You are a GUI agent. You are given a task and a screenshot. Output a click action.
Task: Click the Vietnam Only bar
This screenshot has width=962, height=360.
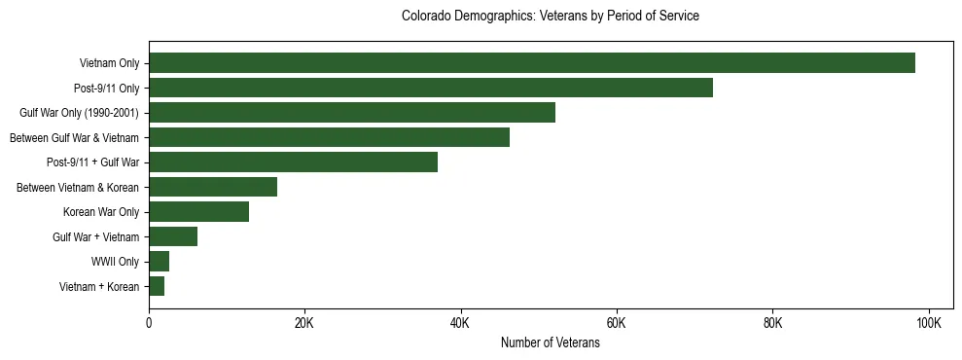[532, 63]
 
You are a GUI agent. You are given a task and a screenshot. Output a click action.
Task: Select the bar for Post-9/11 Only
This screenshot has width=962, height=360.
[431, 88]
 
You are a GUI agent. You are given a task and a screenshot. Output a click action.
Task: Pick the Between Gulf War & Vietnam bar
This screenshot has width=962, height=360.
[329, 137]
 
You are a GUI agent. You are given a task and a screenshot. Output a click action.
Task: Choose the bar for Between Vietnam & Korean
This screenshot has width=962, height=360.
[213, 187]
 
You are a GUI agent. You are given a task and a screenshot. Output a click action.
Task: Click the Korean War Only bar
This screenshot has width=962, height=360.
[198, 212]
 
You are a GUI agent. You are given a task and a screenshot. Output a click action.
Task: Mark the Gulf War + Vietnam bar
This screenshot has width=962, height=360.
[173, 236]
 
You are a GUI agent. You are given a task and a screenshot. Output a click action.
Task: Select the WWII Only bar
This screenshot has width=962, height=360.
[160, 262]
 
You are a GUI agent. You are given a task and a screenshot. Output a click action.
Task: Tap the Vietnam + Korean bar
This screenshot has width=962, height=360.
[157, 286]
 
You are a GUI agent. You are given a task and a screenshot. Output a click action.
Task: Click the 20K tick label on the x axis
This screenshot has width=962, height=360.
[304, 322]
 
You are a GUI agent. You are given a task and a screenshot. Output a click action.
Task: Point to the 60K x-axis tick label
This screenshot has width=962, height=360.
[617, 322]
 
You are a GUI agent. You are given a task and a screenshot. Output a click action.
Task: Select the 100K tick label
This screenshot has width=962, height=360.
[929, 322]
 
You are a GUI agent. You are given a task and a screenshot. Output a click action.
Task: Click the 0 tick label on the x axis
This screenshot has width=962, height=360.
[149, 322]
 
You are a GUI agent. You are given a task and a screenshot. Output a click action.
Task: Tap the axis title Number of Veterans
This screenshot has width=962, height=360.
[550, 342]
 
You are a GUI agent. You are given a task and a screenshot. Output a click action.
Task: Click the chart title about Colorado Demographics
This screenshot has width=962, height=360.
[550, 17]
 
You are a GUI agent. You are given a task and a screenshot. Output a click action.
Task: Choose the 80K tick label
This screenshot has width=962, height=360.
[772, 322]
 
